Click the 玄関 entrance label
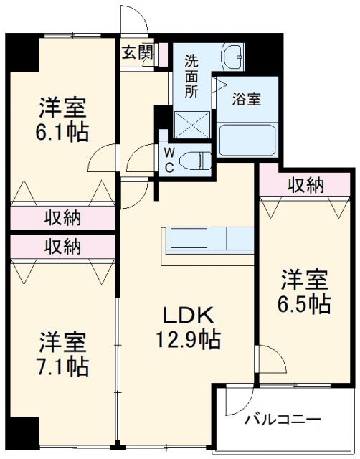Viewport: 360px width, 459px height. [137, 52]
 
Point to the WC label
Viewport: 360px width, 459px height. [169, 160]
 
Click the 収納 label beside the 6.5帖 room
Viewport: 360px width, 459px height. [305, 185]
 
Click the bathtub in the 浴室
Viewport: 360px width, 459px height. [247, 140]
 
